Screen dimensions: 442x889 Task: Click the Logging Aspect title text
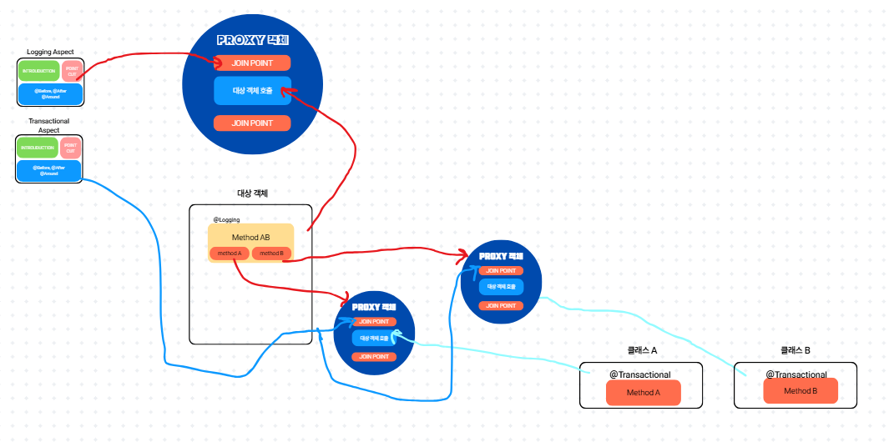click(50, 52)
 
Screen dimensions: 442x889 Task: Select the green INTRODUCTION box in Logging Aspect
click(38, 71)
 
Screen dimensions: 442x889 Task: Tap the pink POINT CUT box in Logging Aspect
click(72, 72)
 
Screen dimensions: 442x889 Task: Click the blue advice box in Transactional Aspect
click(49, 170)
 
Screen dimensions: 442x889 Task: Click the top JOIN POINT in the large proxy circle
click(252, 63)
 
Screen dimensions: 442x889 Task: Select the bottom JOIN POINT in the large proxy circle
click(252, 123)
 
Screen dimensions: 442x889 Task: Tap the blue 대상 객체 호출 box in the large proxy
click(252, 91)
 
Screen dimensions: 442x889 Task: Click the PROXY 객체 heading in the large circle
click(252, 40)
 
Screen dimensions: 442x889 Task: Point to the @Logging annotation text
click(226, 219)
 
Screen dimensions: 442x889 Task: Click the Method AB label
click(250, 237)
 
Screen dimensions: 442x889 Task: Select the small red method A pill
click(229, 254)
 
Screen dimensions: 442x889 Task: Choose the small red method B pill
click(271, 254)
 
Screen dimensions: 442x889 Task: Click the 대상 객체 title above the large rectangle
click(252, 193)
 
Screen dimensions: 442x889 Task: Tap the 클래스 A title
click(642, 351)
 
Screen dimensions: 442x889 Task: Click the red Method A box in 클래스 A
click(643, 393)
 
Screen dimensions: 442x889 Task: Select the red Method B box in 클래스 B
click(800, 391)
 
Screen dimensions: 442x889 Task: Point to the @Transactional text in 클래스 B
click(796, 374)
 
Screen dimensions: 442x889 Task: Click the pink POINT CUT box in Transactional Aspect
click(71, 148)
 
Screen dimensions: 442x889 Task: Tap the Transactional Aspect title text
click(49, 126)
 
